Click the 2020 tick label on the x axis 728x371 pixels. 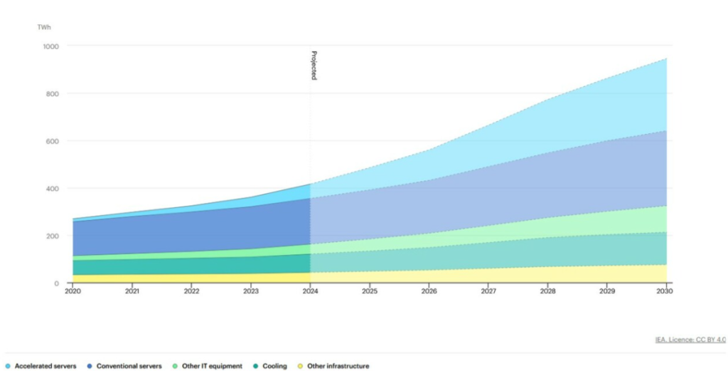(x=73, y=291)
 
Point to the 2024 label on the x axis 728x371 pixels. (x=310, y=291)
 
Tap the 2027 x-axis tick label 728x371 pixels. (x=488, y=291)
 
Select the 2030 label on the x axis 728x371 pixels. (x=666, y=291)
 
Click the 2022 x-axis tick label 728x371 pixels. (x=191, y=291)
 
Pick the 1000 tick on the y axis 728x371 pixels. (x=52, y=46)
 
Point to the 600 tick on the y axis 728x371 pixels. (x=54, y=141)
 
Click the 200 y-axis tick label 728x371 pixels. (x=54, y=236)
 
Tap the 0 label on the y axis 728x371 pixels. (x=57, y=283)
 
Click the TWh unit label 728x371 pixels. (x=44, y=27)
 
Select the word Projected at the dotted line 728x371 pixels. (x=314, y=66)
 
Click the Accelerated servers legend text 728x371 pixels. (x=45, y=366)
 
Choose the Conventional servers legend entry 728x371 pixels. (x=129, y=366)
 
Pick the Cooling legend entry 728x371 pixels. (x=275, y=366)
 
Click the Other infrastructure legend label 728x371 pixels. (x=338, y=366)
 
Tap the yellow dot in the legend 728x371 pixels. (x=301, y=366)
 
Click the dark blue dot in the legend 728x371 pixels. (x=90, y=366)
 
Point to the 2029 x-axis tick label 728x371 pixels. (x=607, y=291)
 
